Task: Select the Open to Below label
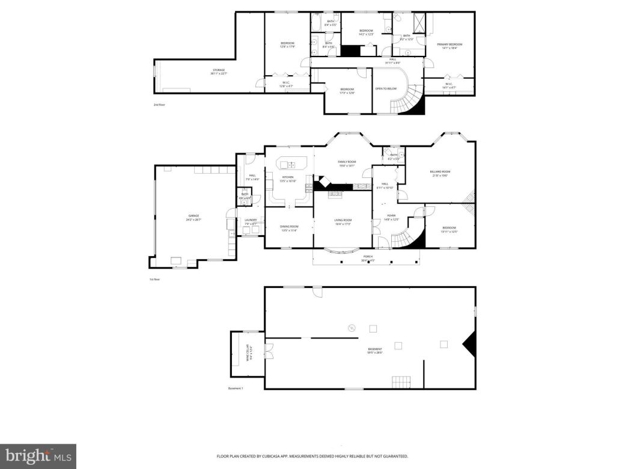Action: coord(386,89)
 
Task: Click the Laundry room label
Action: coord(251,221)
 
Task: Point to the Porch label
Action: coord(367,257)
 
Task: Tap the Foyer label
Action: coord(391,216)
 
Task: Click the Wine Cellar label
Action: coord(251,355)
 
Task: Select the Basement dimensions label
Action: coord(375,353)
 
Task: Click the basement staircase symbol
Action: coord(401,381)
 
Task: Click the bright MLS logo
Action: coord(37,456)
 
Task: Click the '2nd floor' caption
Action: coord(159,105)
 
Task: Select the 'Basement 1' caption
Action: coord(236,389)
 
